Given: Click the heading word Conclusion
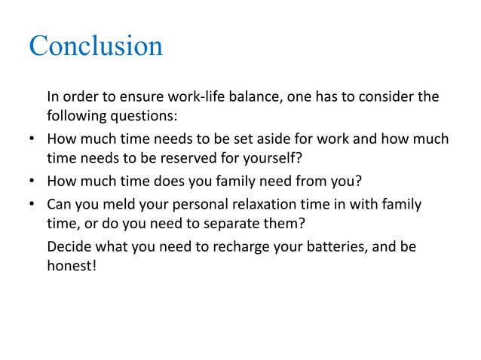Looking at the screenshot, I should click(96, 46).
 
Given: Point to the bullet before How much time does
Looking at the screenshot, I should click(32, 182).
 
